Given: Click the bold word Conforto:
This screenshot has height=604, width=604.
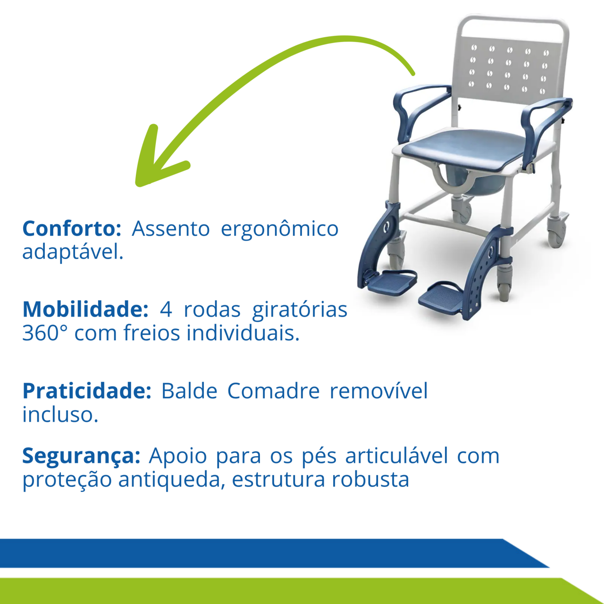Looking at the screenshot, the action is click(x=72, y=228).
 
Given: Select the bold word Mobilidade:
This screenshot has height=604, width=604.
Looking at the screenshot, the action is click(x=85, y=310).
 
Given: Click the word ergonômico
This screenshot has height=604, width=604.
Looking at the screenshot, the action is click(x=280, y=230).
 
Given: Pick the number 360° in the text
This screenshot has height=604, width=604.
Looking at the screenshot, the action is click(x=45, y=333).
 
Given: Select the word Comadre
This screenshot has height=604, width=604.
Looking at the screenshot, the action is click(x=273, y=391).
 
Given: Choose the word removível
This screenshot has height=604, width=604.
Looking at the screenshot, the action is click(x=378, y=391).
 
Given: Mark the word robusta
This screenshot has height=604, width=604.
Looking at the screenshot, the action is click(x=370, y=479).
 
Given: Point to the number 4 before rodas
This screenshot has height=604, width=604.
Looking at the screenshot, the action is click(x=166, y=310).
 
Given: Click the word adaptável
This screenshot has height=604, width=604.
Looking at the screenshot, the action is click(x=73, y=252).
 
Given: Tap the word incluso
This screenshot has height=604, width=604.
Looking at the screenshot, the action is click(x=60, y=414).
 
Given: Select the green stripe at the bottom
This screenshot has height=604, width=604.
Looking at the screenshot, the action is click(x=298, y=591).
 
